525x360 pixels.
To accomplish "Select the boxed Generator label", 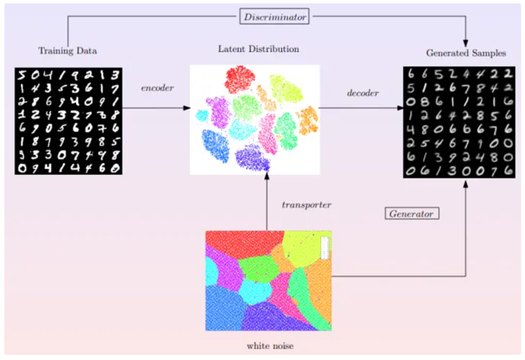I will (x=412, y=214).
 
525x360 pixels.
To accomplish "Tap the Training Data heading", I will (x=67, y=50).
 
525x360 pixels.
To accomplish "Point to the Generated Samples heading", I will (x=466, y=53).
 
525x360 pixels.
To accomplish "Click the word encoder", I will (x=157, y=88).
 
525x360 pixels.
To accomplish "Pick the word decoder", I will (x=363, y=93).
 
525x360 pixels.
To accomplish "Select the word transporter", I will (x=307, y=205).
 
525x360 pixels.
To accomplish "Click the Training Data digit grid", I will (x=69, y=121).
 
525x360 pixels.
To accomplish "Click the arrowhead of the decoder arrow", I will (x=400, y=108).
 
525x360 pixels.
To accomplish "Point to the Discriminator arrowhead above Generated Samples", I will (x=466, y=43).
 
